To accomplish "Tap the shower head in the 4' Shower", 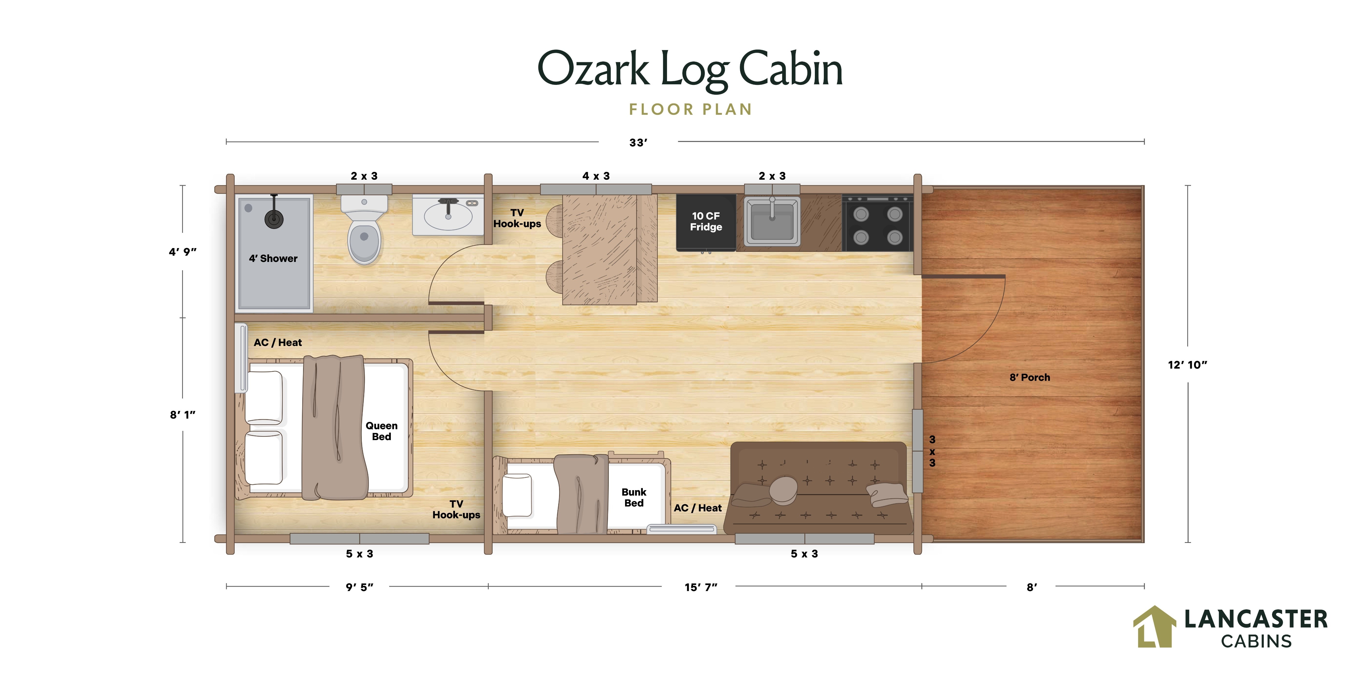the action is click(274, 218).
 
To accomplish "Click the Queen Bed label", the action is click(381, 431).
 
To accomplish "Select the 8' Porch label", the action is click(1030, 378).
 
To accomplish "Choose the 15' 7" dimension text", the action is click(701, 587).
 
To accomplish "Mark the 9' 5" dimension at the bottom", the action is click(359, 587).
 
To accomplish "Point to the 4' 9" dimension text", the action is click(183, 252).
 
